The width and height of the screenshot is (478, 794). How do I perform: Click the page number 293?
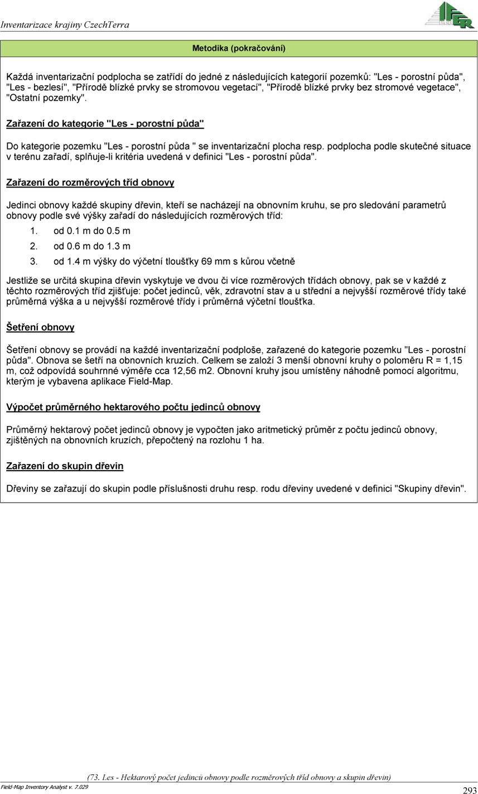[469, 790]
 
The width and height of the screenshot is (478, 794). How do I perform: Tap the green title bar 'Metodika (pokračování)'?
[239, 49]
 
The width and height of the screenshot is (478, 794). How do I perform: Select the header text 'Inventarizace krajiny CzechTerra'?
[65, 25]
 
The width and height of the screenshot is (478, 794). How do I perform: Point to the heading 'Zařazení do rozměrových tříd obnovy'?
[90, 182]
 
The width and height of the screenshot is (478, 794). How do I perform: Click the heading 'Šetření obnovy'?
[40, 327]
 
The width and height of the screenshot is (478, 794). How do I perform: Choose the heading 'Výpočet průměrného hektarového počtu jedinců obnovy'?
[133, 407]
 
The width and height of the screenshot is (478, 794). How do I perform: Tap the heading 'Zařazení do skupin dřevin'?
[65, 466]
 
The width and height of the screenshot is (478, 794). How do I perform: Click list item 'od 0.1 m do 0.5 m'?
[91, 231]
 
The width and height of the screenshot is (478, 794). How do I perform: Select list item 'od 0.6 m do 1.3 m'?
[91, 246]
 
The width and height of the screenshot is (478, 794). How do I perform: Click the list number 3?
[33, 261]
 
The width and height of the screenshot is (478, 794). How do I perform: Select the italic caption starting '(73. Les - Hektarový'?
[239, 777]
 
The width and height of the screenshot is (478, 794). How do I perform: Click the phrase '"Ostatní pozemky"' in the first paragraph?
[46, 98]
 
